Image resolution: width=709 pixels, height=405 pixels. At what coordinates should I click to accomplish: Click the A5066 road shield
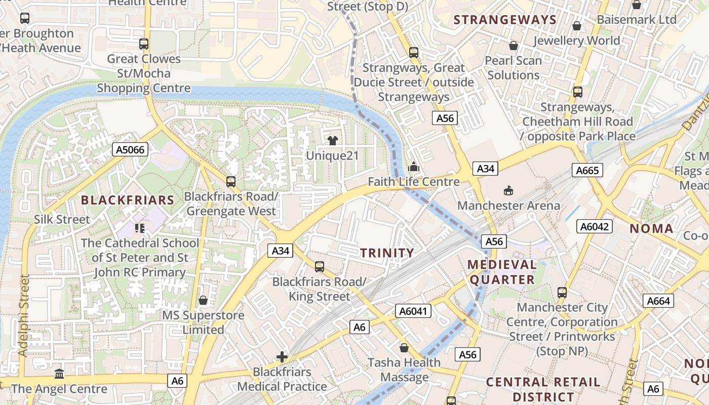point(130,149)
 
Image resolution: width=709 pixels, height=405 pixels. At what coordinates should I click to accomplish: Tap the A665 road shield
point(587,170)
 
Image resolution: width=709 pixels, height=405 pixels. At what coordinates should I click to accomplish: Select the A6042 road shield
point(595,226)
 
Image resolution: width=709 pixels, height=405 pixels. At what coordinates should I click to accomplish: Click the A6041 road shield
point(413,311)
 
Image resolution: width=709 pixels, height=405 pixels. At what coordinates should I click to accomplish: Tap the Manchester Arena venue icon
point(508,190)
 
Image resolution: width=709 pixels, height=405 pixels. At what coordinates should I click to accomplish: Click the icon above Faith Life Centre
point(414,166)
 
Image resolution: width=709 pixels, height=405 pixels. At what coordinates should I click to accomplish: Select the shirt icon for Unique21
point(332,140)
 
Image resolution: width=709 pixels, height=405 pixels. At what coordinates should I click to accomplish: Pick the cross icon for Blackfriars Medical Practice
point(282,357)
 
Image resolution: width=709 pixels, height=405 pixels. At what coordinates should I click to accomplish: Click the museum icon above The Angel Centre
point(59,374)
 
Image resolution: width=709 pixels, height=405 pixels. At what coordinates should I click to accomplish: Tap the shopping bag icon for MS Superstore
point(203,300)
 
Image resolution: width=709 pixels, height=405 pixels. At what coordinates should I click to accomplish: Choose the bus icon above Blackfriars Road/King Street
point(319,266)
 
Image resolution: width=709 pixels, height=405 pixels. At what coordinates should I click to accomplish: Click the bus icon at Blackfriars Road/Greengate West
point(231,181)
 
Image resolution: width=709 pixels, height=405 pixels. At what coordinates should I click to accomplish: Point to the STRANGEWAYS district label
point(505,20)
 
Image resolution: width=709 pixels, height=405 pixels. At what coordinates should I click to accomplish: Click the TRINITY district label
point(387,253)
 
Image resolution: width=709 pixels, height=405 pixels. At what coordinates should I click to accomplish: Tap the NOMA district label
point(651,228)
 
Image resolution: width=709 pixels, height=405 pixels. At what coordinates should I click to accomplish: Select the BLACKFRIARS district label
point(128,200)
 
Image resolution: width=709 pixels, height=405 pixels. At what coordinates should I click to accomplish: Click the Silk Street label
point(62,219)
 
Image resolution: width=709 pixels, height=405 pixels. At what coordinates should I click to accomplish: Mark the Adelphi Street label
point(23,315)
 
